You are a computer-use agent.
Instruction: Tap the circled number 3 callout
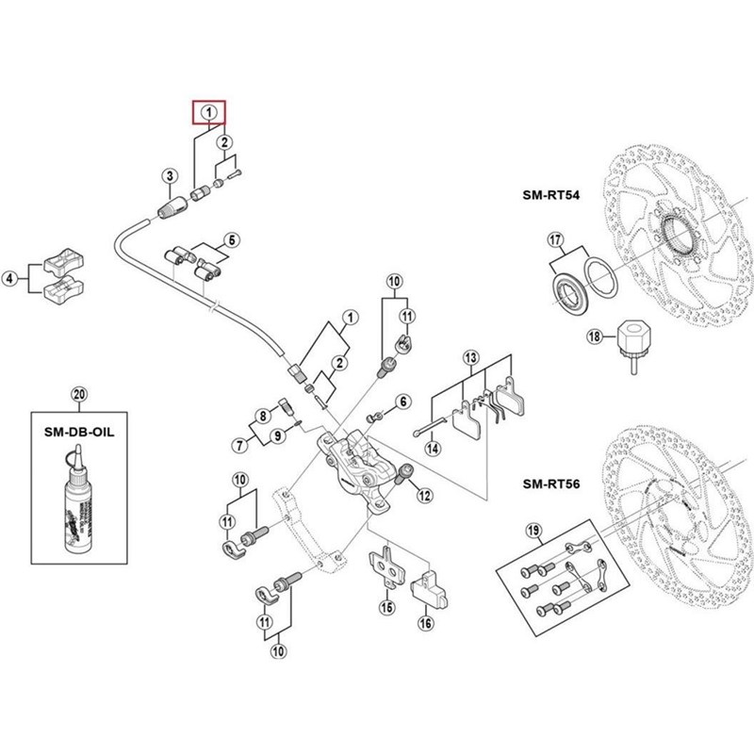point(169,175)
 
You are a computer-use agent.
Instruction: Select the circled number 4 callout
point(10,278)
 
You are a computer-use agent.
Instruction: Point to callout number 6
point(404,402)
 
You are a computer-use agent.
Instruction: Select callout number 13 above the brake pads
point(471,357)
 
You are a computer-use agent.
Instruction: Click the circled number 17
point(556,239)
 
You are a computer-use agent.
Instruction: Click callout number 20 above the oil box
point(78,393)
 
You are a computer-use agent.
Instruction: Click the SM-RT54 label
point(551,197)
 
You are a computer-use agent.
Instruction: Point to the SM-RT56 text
point(551,485)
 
